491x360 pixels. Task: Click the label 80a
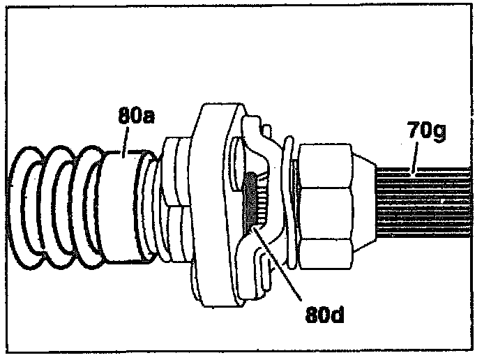click(x=136, y=117)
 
